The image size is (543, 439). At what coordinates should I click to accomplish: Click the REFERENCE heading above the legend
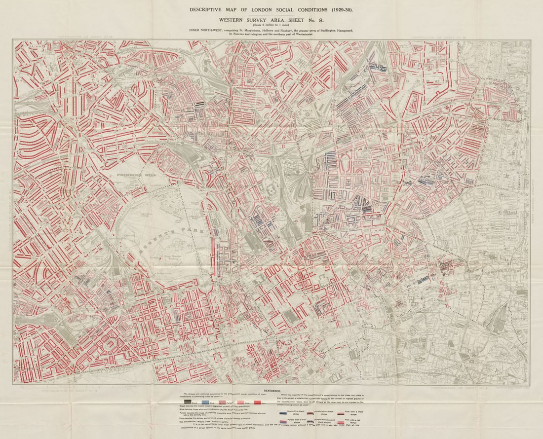272,391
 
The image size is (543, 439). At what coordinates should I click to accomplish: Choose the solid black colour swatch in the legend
188,402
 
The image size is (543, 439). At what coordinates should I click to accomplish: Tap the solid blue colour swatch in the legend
205,402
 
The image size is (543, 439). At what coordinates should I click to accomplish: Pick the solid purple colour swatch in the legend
222,402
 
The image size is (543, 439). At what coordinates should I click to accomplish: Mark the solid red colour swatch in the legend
258,402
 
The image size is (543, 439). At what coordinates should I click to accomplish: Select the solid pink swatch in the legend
240,402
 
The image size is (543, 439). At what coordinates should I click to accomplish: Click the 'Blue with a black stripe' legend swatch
283,413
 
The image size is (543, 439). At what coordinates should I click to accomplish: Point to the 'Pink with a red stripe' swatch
341,422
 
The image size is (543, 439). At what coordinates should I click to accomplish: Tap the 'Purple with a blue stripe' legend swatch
283,422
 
